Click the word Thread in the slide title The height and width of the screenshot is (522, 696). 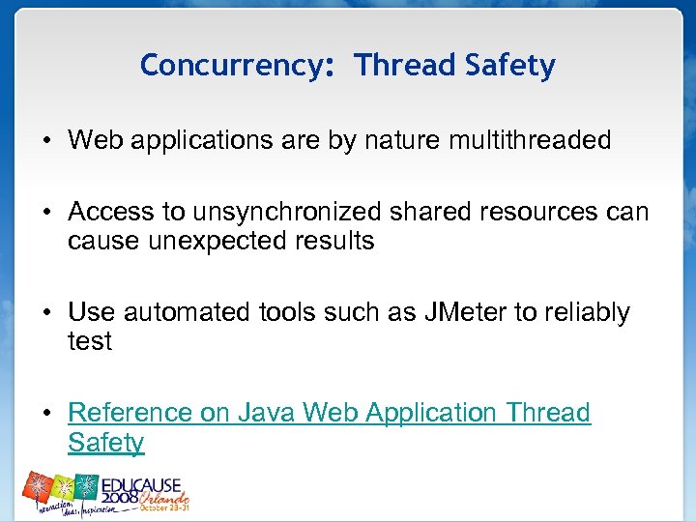coord(404,66)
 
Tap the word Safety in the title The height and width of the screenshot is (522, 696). coord(509,66)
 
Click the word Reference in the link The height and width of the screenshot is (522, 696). coord(130,413)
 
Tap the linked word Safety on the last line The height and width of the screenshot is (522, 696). coord(105,443)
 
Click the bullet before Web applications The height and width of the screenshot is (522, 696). coord(46,141)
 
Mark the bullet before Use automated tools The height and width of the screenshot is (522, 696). coord(46,313)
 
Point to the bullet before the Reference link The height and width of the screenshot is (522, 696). coord(46,414)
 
